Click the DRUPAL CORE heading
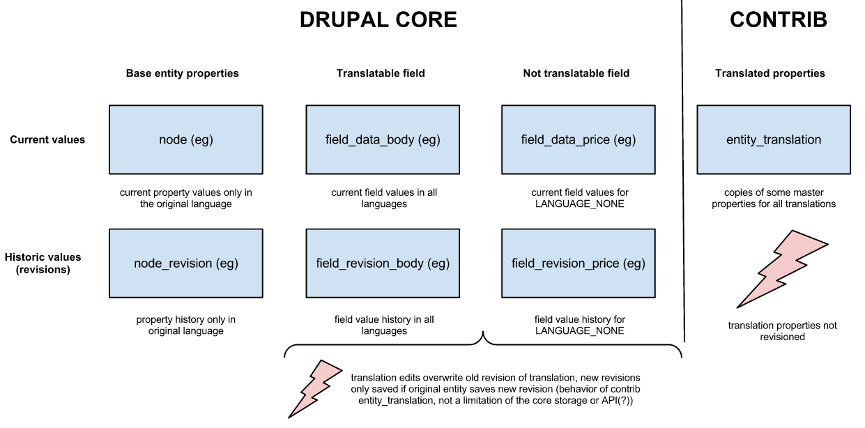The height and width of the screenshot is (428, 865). tap(378, 20)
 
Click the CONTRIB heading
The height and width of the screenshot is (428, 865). tap(778, 20)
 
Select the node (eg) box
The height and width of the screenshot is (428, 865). tap(186, 139)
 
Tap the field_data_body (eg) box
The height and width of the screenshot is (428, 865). tap(383, 139)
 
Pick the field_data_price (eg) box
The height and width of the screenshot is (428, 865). tap(578, 139)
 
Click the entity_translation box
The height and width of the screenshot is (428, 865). tap(773, 139)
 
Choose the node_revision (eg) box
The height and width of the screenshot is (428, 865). tap(186, 263)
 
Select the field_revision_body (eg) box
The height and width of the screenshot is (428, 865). tap(383, 263)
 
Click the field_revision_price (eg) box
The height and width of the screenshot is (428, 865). tap(578, 263)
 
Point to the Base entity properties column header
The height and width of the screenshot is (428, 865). tap(182, 73)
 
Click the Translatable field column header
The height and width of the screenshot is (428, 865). tap(381, 73)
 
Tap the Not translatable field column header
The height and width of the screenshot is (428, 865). tap(576, 73)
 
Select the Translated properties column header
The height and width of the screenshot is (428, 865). tap(770, 73)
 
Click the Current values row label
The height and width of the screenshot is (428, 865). tap(47, 139)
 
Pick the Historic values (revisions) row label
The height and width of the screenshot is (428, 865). tap(43, 263)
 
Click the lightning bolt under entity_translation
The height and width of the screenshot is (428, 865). tap(781, 268)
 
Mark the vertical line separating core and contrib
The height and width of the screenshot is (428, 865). tap(683, 174)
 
